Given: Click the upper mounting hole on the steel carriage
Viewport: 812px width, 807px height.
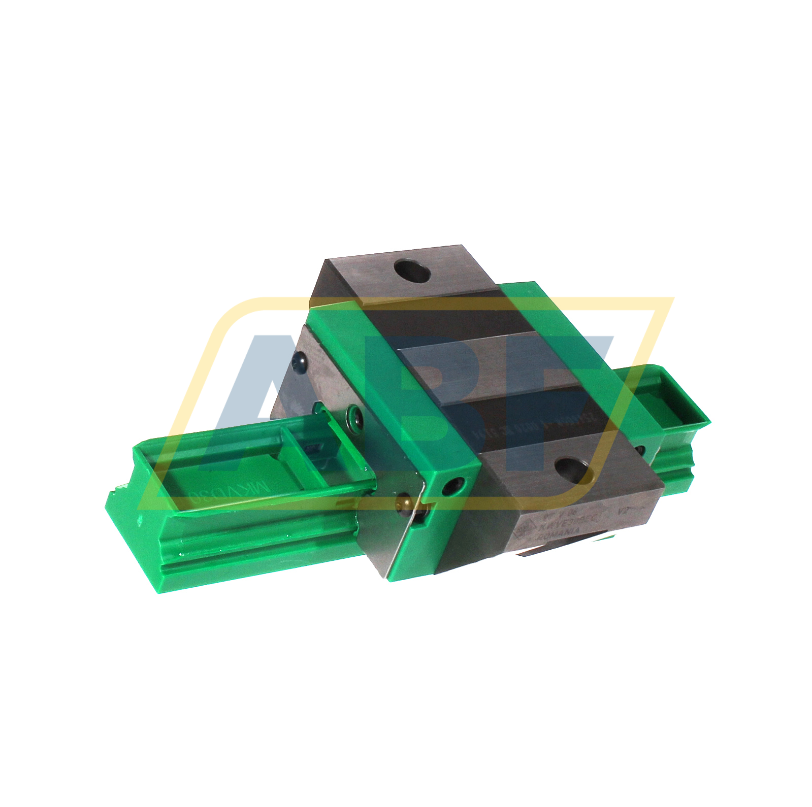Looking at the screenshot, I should [x=412, y=271].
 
